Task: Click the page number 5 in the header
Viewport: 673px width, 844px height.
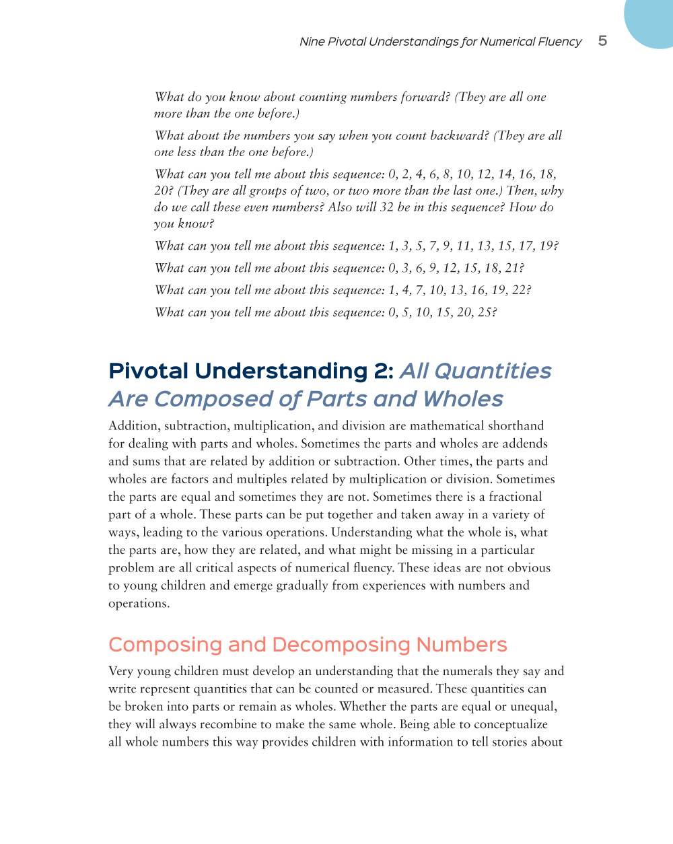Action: pyautogui.click(x=602, y=41)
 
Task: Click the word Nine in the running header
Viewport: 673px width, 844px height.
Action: pyautogui.click(x=312, y=42)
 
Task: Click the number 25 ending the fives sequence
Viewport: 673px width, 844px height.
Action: pyautogui.click(x=486, y=313)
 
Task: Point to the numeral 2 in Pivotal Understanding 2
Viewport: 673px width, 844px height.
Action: pyautogui.click(x=380, y=372)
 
